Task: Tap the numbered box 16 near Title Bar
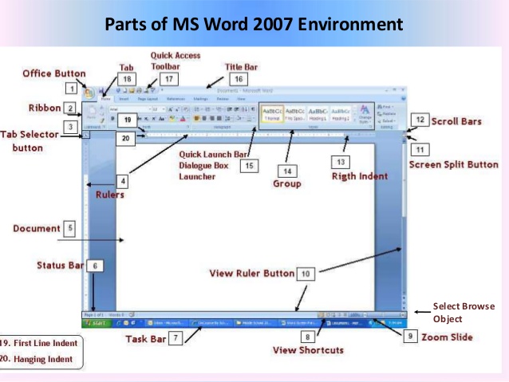pyautogui.click(x=238, y=79)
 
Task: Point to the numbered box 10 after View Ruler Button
pyautogui.click(x=307, y=274)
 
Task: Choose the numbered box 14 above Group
pyautogui.click(x=286, y=170)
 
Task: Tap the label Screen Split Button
pyautogui.click(x=453, y=164)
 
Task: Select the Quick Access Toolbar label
pyautogui.click(x=176, y=61)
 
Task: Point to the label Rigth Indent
pyautogui.click(x=359, y=175)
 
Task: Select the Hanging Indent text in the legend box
pyautogui.click(x=40, y=359)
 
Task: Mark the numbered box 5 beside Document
pyautogui.click(x=70, y=229)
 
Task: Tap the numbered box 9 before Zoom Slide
pyautogui.click(x=409, y=337)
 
